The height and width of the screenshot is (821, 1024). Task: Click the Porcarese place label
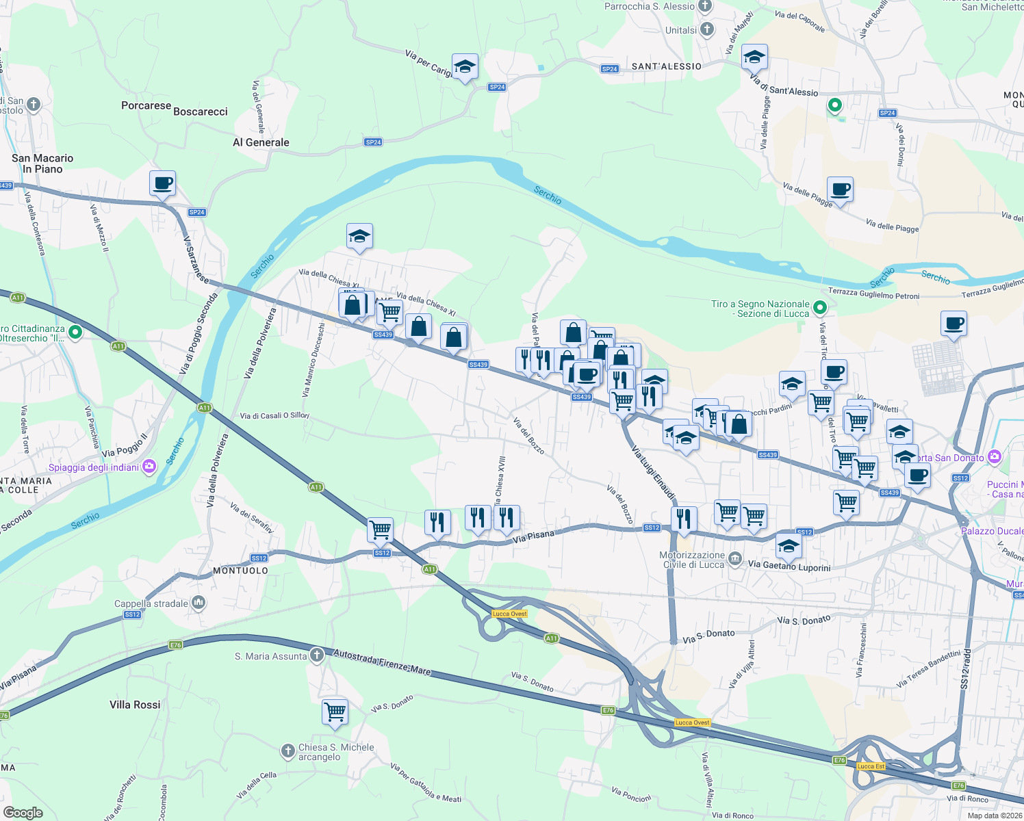[146, 105]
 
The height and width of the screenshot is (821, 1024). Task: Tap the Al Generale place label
[261, 142]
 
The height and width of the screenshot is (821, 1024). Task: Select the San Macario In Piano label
[42, 164]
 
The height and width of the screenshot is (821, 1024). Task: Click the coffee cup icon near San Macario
[162, 184]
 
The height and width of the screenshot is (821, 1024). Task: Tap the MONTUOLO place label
[240, 571]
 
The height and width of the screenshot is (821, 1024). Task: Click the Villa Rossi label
[135, 705]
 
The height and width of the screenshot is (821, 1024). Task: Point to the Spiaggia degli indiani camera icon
[149, 467]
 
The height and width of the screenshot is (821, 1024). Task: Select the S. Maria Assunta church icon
[316, 655]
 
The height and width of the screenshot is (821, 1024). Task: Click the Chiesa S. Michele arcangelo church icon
[288, 751]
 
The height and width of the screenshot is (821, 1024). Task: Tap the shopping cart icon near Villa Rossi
[335, 712]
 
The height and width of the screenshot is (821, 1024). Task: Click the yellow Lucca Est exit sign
[871, 766]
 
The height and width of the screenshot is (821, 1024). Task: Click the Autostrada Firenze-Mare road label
[382, 663]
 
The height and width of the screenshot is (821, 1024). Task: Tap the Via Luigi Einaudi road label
[653, 473]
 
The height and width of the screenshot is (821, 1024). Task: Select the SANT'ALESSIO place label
[666, 66]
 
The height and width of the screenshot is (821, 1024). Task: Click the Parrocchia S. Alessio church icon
[705, 7]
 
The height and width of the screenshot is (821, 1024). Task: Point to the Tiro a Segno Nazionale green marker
[820, 308]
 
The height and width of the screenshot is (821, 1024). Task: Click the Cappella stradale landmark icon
[199, 603]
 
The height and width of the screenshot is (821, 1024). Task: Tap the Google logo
[23, 812]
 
